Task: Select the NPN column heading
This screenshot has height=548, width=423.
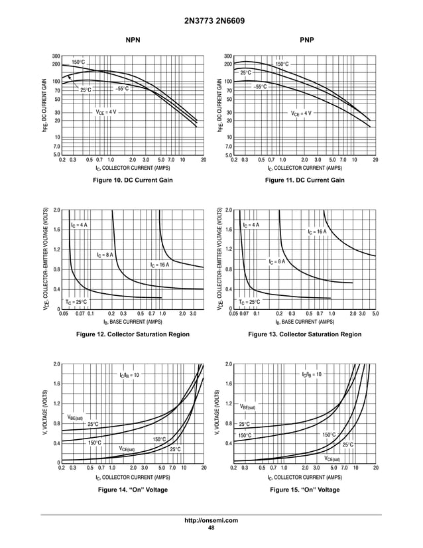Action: point(133,41)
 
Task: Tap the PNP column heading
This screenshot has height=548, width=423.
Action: point(306,41)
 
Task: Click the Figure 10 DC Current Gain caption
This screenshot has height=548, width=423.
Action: point(133,180)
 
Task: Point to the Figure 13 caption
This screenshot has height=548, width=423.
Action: point(304,334)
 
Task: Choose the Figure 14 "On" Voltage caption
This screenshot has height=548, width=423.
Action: point(133,490)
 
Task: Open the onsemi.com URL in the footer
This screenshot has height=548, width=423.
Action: point(211,521)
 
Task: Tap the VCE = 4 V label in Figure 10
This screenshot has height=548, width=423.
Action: point(106,112)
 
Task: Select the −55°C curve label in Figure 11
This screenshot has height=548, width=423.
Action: point(260,86)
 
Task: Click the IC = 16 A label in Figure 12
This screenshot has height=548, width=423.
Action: point(159,265)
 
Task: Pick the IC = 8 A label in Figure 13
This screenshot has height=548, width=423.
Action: point(277,261)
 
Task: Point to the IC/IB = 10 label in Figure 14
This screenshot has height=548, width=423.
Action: point(129,375)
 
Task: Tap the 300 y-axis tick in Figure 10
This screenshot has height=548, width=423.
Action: point(57,56)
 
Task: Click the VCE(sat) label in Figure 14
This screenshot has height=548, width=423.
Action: point(127,448)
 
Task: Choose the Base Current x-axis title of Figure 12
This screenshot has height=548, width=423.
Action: point(133,321)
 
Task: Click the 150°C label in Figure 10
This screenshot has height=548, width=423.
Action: point(78,62)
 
